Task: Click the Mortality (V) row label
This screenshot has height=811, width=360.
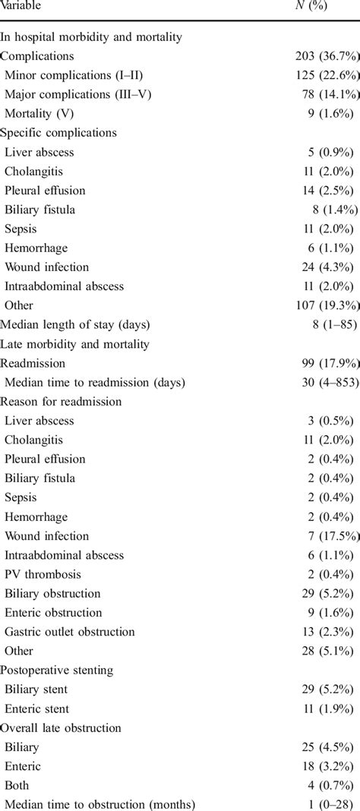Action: point(43,113)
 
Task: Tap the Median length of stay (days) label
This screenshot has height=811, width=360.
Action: point(76,324)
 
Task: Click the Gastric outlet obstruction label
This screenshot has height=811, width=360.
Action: point(70,632)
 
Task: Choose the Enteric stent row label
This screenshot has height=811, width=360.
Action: point(38,708)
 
